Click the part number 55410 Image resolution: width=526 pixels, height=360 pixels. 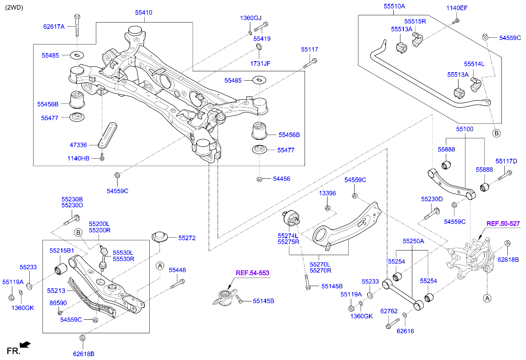(143, 13)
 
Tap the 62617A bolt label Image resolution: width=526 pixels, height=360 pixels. (53, 26)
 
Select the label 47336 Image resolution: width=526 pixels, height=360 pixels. (78, 145)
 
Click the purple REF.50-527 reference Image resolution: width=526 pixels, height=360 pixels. (503, 223)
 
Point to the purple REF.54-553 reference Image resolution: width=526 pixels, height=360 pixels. (252, 273)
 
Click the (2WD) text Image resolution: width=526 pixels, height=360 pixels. (14, 7)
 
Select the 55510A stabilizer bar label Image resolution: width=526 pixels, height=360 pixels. (394, 6)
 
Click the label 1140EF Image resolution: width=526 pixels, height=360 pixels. (456, 8)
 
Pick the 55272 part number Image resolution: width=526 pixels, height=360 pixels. (187, 238)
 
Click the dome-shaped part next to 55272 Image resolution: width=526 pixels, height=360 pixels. (159, 236)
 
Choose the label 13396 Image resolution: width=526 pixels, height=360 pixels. (327, 193)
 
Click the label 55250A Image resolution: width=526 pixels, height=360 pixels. (413, 241)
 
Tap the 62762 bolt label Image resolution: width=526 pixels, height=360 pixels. (388, 311)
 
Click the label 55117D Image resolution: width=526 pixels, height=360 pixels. (506, 161)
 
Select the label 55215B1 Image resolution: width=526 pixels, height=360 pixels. (62, 250)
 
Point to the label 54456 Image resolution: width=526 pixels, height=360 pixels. (282, 179)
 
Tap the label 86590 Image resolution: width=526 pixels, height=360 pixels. (58, 303)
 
